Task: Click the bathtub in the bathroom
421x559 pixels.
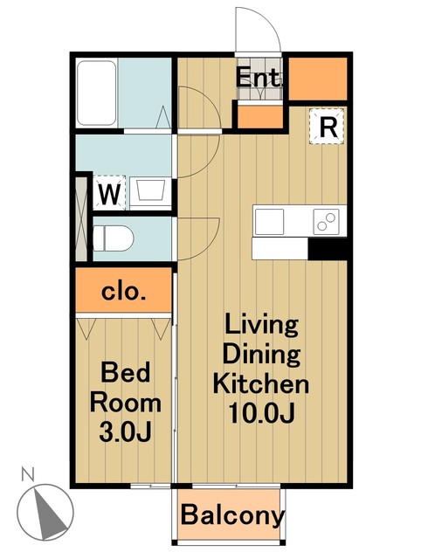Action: pos(97,93)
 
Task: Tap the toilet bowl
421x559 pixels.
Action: pos(114,238)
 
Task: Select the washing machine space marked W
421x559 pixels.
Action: pos(109,192)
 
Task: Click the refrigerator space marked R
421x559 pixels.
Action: pos(327,126)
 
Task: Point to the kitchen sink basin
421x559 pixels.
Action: pos(270,222)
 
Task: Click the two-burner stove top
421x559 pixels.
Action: pos(326,222)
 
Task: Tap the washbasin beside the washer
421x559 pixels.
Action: pos(151,190)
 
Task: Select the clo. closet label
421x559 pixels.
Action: pos(124,292)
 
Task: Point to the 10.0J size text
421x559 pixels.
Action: pos(261,413)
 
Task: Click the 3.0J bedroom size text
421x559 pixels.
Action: pos(126,431)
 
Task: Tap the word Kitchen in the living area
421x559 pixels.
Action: pos(261,383)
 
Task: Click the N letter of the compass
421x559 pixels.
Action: pos(27,474)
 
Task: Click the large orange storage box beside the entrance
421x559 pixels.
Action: pos(318,79)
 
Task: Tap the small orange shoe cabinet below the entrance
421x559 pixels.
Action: pos(260,117)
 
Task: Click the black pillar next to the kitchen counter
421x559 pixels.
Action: pos(328,249)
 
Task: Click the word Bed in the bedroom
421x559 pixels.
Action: pos(126,372)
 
